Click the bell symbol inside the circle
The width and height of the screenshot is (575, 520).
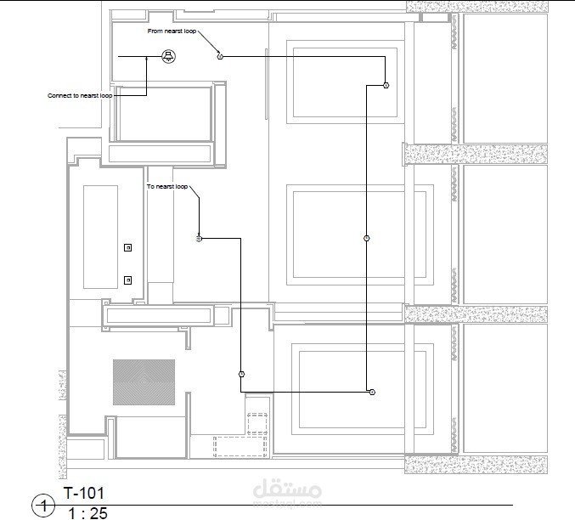tap(168, 57)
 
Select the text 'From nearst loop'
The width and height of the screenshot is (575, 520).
tap(172, 31)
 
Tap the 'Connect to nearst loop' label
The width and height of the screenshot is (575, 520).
tap(80, 96)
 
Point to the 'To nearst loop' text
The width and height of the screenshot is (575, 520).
tap(167, 186)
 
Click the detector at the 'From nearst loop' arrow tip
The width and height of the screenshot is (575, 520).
tap(220, 57)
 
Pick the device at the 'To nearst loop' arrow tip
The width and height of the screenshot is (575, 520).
tap(199, 239)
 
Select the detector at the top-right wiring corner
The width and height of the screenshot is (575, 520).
tap(386, 86)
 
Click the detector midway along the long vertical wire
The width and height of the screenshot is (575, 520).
tap(366, 239)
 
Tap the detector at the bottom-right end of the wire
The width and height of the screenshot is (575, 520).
tap(371, 392)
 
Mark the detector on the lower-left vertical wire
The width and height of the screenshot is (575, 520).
tap(241, 374)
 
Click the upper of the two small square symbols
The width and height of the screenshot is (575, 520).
tap(128, 247)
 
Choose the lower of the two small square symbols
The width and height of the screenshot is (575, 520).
tap(128, 280)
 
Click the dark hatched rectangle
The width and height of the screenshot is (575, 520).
tap(144, 382)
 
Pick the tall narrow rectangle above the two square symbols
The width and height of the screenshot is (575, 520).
tap(100, 238)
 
